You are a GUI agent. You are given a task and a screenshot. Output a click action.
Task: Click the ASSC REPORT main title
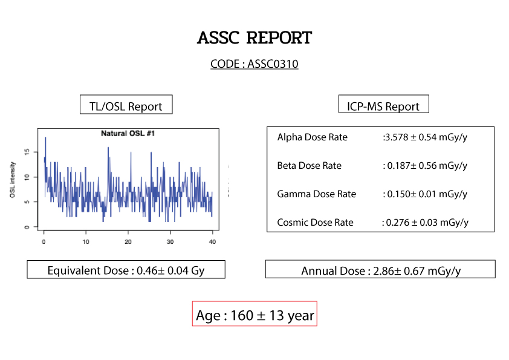point(254,38)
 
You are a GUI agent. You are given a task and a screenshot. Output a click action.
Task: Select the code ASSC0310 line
point(254,64)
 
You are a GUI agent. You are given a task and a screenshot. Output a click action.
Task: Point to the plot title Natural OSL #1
point(128,134)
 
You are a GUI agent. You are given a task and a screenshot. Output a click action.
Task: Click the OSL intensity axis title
point(13,180)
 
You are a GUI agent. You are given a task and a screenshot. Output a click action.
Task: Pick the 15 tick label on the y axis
point(27,152)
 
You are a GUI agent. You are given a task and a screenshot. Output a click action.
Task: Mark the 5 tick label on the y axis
point(27,201)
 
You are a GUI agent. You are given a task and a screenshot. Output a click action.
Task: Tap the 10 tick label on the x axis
point(86,242)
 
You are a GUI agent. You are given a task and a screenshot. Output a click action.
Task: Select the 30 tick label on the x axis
point(170,242)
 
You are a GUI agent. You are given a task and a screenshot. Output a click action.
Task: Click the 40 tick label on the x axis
point(212,242)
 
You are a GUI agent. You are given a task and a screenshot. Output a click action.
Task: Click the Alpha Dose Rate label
point(313,137)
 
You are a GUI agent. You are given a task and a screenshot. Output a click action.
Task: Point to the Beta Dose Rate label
point(310,166)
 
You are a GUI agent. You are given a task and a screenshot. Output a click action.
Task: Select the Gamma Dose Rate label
point(317,194)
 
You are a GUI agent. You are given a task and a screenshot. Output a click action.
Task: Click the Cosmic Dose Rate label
point(315,223)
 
